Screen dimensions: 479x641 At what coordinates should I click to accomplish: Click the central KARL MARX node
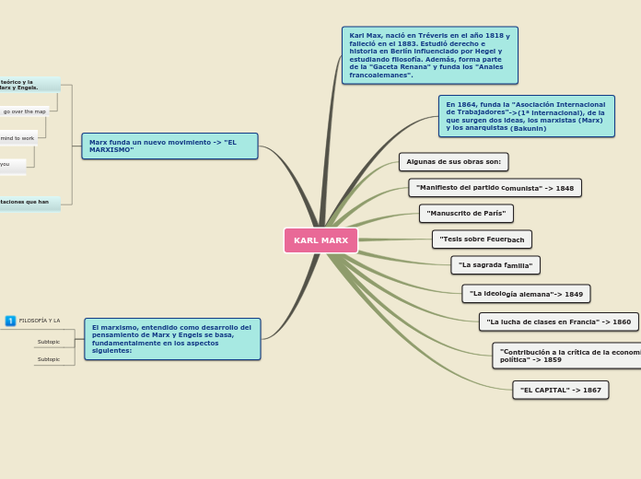320,240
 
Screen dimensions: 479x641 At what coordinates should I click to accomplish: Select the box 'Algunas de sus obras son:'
453,162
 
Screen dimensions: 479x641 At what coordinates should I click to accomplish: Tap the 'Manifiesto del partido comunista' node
495,188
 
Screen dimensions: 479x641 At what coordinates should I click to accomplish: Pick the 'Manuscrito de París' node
466,214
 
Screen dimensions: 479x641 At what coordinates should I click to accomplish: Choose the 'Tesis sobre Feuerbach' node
482,239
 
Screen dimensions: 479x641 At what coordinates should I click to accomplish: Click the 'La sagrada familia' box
495,265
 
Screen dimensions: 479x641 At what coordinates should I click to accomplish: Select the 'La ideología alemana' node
526,294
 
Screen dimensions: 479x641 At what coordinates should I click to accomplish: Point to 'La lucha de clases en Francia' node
558,322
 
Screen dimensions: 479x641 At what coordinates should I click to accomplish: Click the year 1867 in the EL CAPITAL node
592,391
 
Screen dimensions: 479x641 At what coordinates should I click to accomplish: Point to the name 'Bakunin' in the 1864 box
529,129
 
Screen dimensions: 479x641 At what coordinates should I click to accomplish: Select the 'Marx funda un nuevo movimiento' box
169,146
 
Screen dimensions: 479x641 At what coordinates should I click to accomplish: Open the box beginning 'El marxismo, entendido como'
172,339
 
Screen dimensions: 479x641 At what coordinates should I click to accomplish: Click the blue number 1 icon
10,321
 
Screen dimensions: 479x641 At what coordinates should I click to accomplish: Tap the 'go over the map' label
24,111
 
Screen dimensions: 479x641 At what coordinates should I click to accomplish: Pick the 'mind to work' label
17,138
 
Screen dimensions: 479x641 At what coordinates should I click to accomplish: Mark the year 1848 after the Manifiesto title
565,189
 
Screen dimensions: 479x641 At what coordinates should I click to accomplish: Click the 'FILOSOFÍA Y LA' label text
40,321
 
